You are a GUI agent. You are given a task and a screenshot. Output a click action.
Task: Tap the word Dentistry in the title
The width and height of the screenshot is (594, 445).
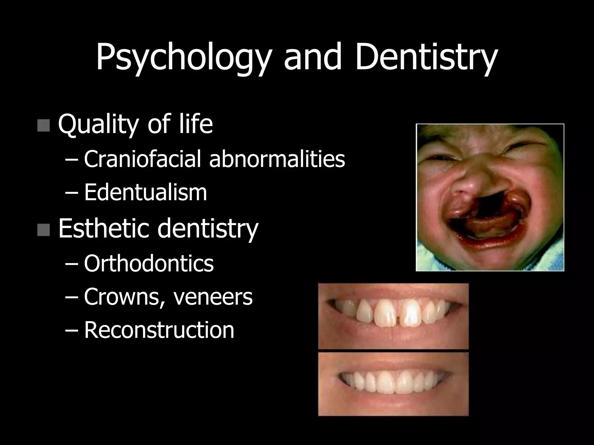click(426, 57)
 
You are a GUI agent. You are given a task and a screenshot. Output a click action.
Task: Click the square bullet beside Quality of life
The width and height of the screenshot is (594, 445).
click(44, 125)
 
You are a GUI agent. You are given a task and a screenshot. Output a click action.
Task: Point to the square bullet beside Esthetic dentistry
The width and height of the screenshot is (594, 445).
click(44, 230)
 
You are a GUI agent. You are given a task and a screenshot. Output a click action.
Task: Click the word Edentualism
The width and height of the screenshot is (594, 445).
click(145, 192)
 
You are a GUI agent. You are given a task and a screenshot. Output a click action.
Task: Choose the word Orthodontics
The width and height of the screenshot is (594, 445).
click(149, 264)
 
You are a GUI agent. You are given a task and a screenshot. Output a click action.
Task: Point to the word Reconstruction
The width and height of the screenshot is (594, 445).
click(159, 330)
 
